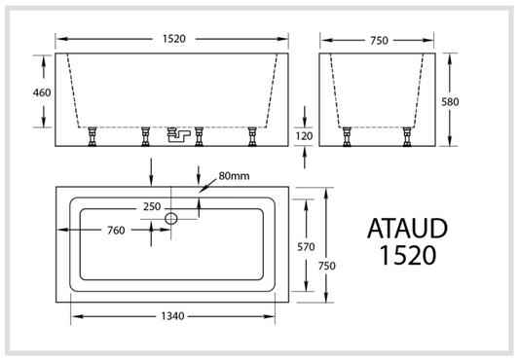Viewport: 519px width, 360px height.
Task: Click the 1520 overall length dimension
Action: pos(173,40)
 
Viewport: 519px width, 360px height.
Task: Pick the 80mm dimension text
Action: pos(233,176)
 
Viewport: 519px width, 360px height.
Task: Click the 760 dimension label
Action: pos(113,231)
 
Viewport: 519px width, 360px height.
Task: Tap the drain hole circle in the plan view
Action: pos(171,218)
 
